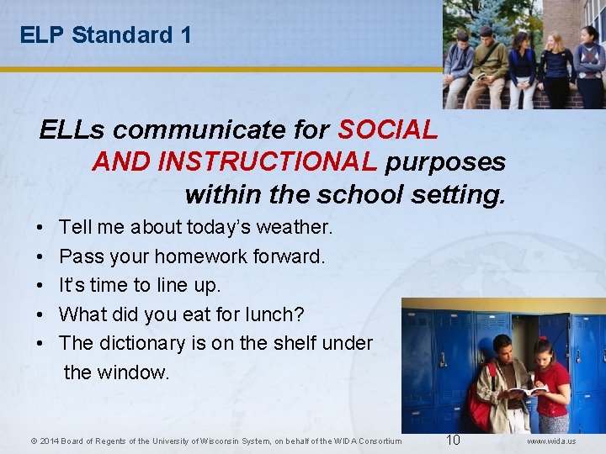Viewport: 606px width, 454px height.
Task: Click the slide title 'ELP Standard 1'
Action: pyautogui.click(x=105, y=35)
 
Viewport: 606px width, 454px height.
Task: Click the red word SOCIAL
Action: pyautogui.click(x=387, y=129)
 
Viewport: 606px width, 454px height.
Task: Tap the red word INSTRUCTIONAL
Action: pyautogui.click(x=235, y=161)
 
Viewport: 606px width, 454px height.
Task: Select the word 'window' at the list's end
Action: pyautogui.click(x=139, y=372)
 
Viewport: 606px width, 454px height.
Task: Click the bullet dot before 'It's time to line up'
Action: pyautogui.click(x=41, y=286)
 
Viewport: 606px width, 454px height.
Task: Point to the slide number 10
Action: pyautogui.click(x=453, y=441)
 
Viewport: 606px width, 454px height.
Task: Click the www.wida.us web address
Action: pyautogui.click(x=552, y=441)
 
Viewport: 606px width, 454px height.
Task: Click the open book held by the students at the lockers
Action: pyautogui.click(x=528, y=390)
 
